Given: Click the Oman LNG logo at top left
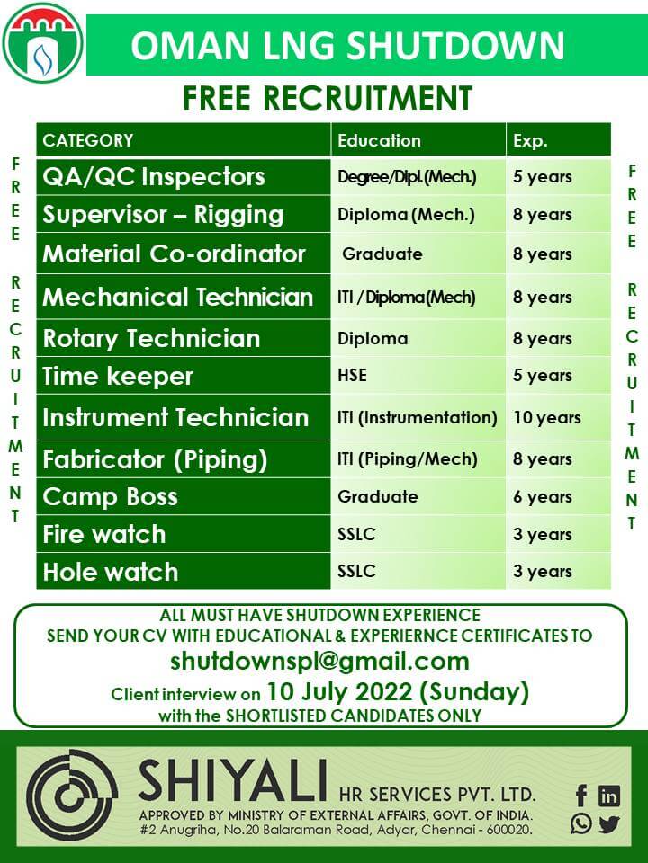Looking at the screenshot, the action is coord(43,43).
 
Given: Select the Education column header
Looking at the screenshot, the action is coord(379,140).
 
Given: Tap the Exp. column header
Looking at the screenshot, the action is coord(530,141).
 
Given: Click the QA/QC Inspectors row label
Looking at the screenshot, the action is coord(154,177).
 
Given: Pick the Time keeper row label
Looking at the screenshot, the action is coord(118,377).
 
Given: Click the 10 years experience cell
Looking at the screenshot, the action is coord(547,418).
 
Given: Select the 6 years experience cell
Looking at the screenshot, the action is coord(542,497).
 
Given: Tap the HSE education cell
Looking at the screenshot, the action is coord(352,376).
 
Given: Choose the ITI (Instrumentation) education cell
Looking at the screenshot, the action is coord(417,418).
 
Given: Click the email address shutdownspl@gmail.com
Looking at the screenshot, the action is coord(319,661).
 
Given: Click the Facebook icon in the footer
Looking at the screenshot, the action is coord(580,796).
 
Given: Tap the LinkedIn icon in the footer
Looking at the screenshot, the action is coord(609,796).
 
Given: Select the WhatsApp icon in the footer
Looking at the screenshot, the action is coord(581,823).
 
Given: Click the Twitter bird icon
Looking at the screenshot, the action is coord(609,824).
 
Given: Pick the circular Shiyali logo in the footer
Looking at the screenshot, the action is coord(72,795).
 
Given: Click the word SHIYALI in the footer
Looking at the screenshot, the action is coord(232,780).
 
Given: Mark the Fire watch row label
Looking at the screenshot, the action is coord(104,534).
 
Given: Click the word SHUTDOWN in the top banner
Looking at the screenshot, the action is coord(456,46).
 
